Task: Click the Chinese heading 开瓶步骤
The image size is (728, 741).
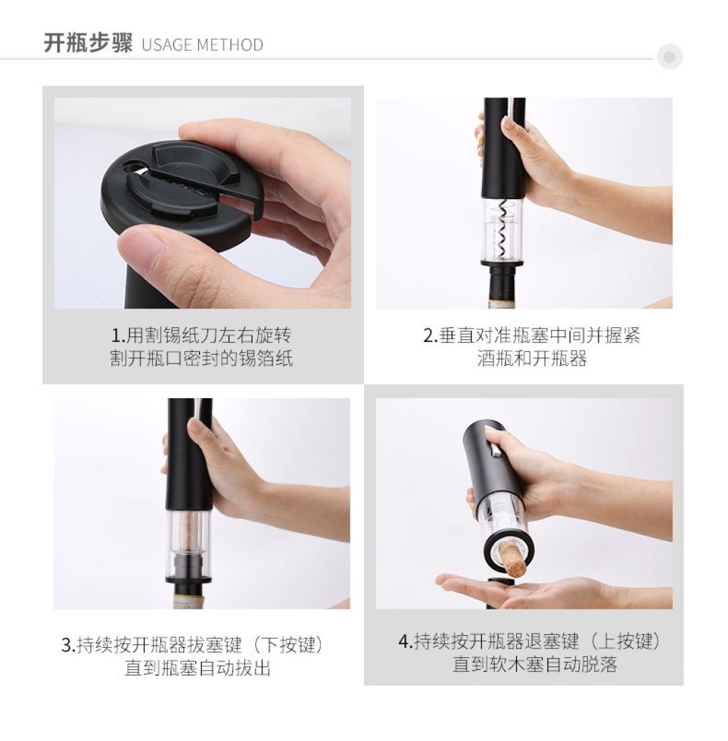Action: (88, 43)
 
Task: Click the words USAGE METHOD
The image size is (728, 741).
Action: (202, 45)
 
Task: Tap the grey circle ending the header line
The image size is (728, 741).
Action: (669, 57)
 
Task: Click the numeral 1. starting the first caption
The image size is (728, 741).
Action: (117, 336)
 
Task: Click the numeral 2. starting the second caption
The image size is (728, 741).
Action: (430, 336)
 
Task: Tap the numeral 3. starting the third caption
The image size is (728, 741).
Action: (68, 645)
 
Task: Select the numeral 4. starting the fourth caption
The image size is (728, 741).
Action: (405, 641)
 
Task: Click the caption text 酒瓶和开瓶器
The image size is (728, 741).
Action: (532, 358)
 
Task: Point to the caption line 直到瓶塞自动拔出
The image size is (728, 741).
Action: (198, 668)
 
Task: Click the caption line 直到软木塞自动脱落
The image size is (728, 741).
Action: (535, 664)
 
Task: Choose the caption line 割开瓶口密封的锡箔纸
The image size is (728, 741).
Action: (202, 358)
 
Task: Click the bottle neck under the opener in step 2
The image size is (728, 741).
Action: (502, 287)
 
